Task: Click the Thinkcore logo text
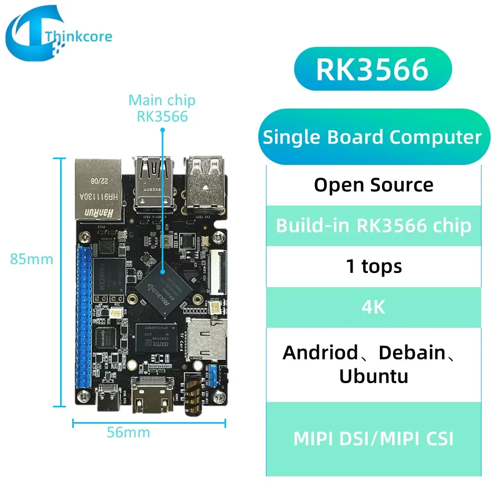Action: (x=79, y=36)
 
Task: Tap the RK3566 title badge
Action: (x=372, y=70)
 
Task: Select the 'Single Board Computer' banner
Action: (x=372, y=137)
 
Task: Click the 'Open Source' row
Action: (x=373, y=185)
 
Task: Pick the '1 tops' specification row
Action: (x=373, y=266)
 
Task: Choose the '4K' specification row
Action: (x=373, y=307)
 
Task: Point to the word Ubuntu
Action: (x=373, y=376)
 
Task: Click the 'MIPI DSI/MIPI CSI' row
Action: (x=373, y=438)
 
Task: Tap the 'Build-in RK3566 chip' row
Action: (x=373, y=226)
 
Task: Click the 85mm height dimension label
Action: (x=32, y=259)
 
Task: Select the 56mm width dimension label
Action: (x=128, y=433)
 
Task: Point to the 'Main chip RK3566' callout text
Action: (x=162, y=108)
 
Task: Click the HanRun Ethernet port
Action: (x=99, y=188)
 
